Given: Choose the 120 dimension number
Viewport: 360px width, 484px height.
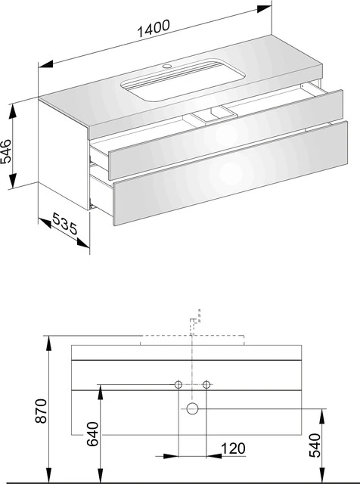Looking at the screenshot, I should [233, 448].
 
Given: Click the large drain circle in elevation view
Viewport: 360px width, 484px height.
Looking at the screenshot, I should [193, 408].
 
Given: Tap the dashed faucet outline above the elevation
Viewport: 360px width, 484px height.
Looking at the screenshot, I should [195, 322].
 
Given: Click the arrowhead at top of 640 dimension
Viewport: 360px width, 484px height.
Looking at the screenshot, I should [100, 389].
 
